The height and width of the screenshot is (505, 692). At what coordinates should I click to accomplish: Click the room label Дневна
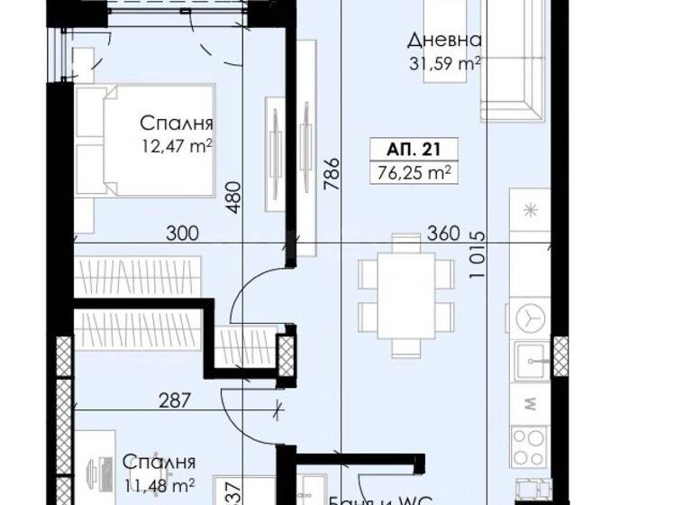pyautogui.click(x=443, y=41)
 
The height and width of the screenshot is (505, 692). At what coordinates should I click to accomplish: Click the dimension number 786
pyautogui.click(x=332, y=172)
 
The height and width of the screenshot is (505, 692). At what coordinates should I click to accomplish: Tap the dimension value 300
pyautogui.click(x=182, y=234)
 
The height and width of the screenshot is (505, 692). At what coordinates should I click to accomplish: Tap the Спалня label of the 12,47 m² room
pyautogui.click(x=176, y=124)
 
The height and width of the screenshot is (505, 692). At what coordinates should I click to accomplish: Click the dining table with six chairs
pyautogui.click(x=405, y=294)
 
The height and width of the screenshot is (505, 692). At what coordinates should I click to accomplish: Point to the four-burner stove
pyautogui.click(x=530, y=442)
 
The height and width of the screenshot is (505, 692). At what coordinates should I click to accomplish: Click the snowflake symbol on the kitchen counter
pyautogui.click(x=530, y=211)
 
